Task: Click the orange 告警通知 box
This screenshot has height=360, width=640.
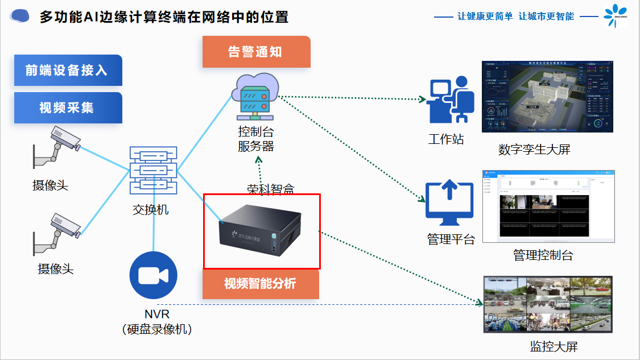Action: tap(256, 52)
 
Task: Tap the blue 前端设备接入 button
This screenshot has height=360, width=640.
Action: tap(68, 71)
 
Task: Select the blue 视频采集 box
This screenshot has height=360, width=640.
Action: tap(68, 107)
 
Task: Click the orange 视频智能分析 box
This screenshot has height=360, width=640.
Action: tap(261, 284)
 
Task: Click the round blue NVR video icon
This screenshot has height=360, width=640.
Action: tap(154, 275)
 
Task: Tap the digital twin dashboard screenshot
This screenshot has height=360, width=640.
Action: tap(547, 97)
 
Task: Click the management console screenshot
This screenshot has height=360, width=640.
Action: tap(548, 206)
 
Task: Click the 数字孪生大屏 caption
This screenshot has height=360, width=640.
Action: tap(534, 150)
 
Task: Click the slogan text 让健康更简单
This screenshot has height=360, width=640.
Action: tap(485, 16)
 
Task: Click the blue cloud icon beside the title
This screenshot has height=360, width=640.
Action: tap(20, 16)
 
